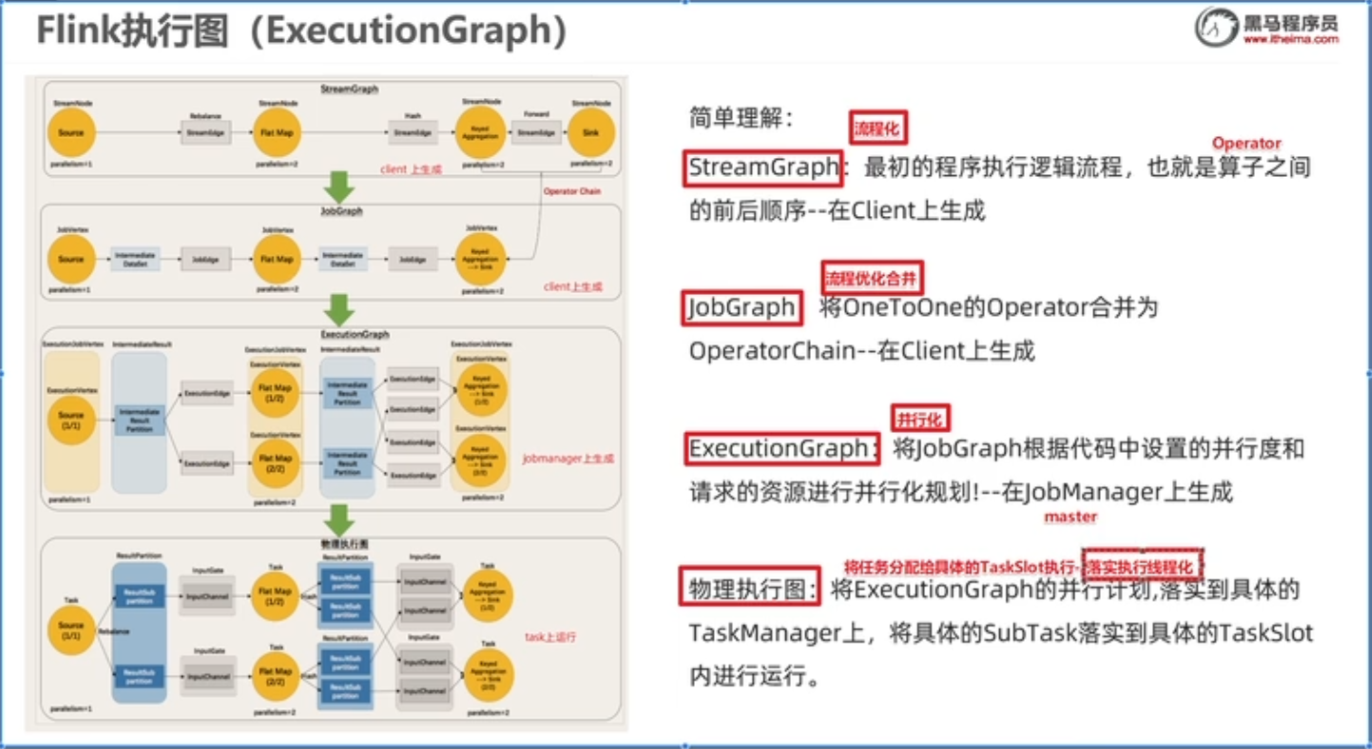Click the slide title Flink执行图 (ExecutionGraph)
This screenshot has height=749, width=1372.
pos(302,31)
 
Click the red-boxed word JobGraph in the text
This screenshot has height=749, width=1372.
pos(742,307)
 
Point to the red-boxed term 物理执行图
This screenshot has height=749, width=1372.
pos(750,588)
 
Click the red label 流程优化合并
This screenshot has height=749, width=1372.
pos(872,278)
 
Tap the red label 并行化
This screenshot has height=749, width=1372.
pos(919,418)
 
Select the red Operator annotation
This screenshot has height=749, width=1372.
pos(1246,143)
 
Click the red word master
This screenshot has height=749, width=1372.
pos(1070,517)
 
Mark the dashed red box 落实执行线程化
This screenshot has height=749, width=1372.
pos(1144,565)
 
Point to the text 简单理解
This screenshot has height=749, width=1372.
pos(741,118)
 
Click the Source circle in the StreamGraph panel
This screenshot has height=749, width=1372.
pos(71,133)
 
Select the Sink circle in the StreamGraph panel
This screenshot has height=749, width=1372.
pos(589,133)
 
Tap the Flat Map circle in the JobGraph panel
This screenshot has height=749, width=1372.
pos(277,258)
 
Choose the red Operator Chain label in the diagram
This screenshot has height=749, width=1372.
pos(572,191)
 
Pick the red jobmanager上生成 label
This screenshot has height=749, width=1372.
pos(568,459)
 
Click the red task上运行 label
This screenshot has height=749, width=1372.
pos(551,637)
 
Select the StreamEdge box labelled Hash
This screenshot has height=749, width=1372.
pos(413,133)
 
